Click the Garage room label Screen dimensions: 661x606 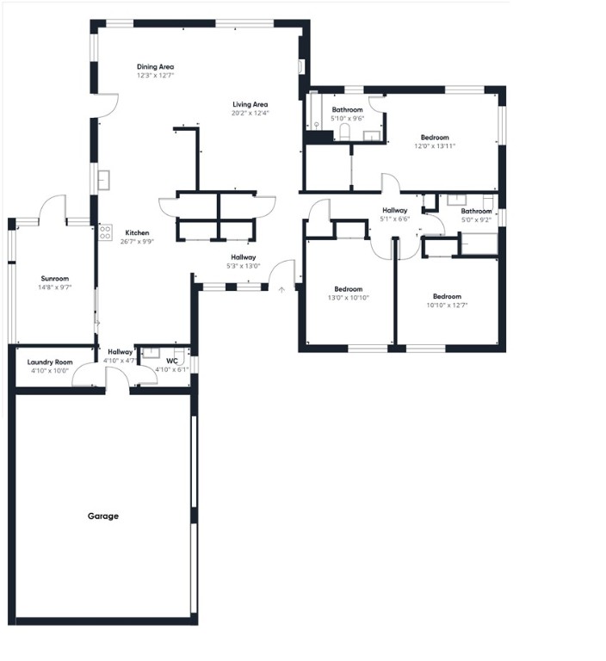(x=102, y=516)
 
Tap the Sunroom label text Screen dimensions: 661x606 (x=55, y=279)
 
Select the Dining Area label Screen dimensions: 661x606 (x=155, y=66)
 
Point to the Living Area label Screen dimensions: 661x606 (x=250, y=104)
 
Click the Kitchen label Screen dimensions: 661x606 (x=137, y=233)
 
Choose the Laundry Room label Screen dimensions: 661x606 (x=49, y=362)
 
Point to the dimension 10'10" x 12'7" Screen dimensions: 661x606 (x=447, y=305)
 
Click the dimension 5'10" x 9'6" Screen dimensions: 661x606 (x=348, y=119)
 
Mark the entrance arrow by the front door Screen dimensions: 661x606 (x=281, y=290)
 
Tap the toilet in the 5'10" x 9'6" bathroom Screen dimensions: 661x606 (x=344, y=132)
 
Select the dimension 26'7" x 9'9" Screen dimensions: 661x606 (x=137, y=242)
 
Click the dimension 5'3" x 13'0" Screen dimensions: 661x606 (x=243, y=266)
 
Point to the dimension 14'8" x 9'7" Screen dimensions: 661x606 (x=55, y=287)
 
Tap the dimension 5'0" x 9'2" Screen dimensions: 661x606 (x=475, y=219)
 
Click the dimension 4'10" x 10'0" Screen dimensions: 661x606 (x=49, y=371)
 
